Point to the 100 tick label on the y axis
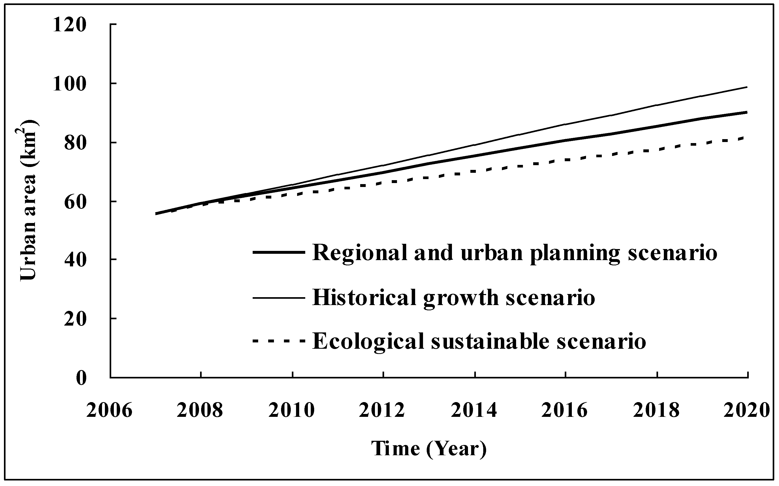pos(70,84)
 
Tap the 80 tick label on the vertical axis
pos(75,143)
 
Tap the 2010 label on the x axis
pos(292,411)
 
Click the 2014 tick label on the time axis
pos(474,411)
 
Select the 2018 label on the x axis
pos(656,411)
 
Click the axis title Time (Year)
pos(429,449)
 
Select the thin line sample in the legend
pos(278,298)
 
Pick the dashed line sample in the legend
pos(278,341)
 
